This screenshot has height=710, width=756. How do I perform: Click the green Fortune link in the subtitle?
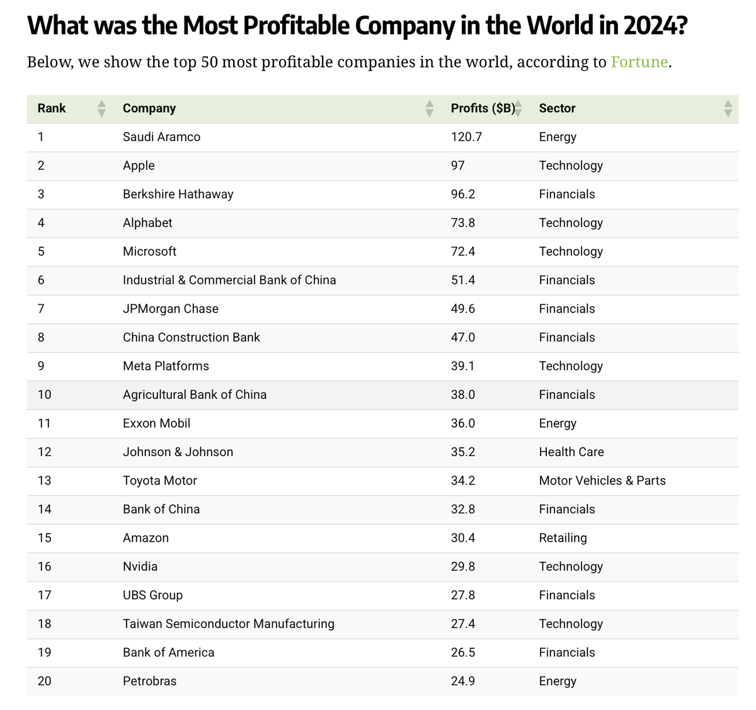click(639, 62)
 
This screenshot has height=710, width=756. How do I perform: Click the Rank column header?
click(52, 108)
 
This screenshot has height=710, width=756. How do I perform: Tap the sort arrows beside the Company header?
click(429, 108)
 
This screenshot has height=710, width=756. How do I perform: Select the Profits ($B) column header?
click(483, 108)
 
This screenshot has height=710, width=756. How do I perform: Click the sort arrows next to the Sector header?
click(728, 108)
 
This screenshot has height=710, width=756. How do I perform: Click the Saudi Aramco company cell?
click(161, 137)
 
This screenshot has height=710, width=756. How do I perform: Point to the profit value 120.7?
click(466, 137)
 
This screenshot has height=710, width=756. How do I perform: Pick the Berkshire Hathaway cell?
click(178, 194)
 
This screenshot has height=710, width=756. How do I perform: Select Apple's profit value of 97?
click(457, 166)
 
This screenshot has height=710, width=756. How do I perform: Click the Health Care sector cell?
click(571, 452)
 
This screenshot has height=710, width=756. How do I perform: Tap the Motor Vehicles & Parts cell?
click(602, 481)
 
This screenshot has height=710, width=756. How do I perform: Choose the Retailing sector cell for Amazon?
click(563, 538)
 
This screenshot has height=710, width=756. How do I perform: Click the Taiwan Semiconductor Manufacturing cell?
click(228, 624)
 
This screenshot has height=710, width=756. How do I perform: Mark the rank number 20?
click(44, 681)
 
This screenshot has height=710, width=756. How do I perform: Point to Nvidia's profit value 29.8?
click(462, 566)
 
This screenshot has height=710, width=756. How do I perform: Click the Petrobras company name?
click(149, 681)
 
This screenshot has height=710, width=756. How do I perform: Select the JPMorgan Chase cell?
click(170, 309)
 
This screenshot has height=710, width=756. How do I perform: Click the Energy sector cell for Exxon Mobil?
click(557, 423)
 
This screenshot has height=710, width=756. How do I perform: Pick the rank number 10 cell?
click(44, 394)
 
